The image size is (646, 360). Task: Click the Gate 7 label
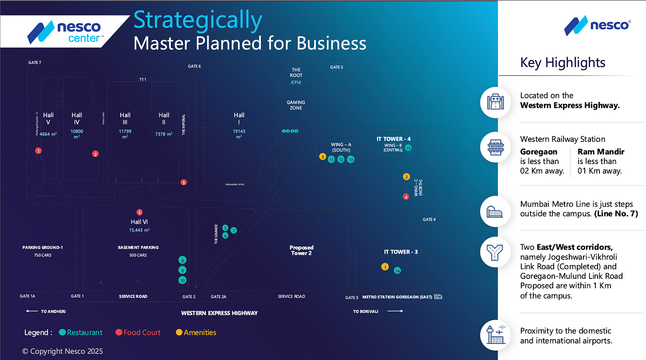tap(35, 63)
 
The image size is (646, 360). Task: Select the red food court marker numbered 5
tap(140, 212)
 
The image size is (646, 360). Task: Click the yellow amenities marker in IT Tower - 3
tap(385, 267)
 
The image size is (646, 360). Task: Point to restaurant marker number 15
tap(408, 148)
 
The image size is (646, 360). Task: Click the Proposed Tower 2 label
tap(301, 250)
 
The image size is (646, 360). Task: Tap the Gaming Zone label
tap(296, 105)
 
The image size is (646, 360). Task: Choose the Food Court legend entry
tap(142, 333)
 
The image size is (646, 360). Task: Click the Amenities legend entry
tap(200, 333)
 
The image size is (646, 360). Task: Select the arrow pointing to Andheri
tap(32, 312)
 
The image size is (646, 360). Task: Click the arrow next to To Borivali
tap(395, 312)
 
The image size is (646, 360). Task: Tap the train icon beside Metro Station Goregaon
tap(438, 297)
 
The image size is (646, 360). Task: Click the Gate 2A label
tap(218, 297)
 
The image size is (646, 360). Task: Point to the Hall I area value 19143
tap(239, 131)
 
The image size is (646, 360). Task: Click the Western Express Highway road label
tap(219, 313)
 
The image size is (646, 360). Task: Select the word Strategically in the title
tap(197, 20)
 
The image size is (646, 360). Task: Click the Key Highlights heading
tap(563, 63)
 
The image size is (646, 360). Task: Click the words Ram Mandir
tap(601, 152)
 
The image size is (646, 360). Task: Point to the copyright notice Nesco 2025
tap(63, 351)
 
